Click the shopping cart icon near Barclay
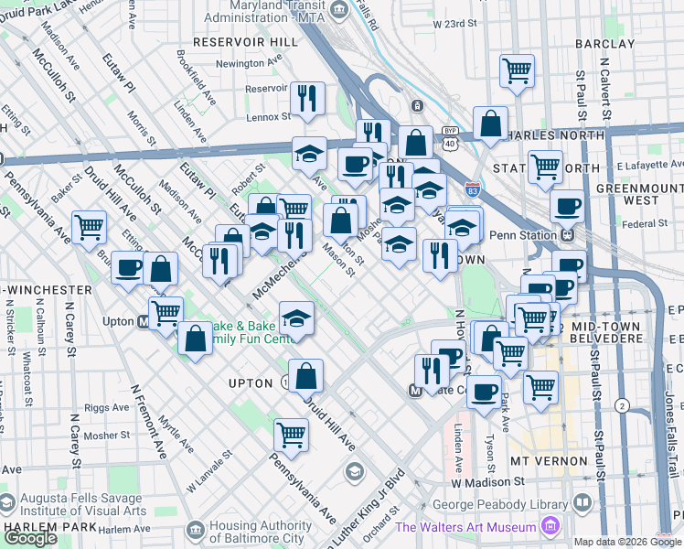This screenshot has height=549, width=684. pos(518,70)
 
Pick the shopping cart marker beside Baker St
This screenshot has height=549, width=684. pos(89,226)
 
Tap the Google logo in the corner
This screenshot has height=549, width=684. pos(30,538)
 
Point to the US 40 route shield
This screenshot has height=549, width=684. pos(449,144)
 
